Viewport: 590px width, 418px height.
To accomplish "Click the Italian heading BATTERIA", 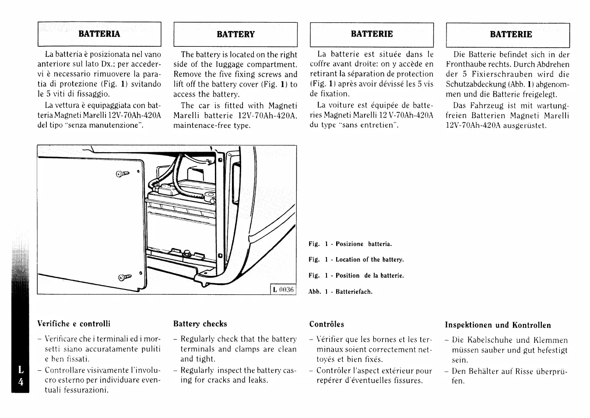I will [99, 34].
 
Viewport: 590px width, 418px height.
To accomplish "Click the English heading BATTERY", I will [235, 34].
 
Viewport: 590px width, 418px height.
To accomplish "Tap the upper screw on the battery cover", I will [123, 174].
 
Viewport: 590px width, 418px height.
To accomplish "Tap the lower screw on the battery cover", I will [124, 277].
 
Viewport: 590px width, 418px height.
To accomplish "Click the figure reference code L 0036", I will [283, 289].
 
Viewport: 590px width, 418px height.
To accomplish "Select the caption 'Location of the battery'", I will [369, 260].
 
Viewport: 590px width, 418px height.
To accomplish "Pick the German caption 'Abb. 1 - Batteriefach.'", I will [340, 292].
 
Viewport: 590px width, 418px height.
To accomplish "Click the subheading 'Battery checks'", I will [200, 324].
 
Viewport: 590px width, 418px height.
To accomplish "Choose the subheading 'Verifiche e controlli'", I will [74, 324].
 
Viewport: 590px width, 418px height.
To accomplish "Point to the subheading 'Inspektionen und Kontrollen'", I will [498, 325].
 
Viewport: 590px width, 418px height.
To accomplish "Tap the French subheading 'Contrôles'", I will [327, 324].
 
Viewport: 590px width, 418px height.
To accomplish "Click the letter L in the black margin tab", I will [21, 370].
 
